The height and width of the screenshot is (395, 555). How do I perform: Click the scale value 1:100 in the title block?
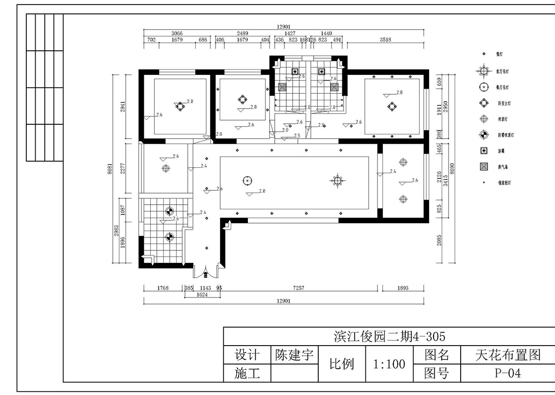click(389, 364)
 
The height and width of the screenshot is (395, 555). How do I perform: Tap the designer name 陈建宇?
click(294, 355)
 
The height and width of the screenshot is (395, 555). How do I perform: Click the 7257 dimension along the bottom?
click(298, 288)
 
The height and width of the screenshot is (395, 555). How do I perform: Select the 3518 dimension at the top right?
click(385, 40)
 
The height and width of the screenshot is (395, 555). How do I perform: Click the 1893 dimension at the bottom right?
click(403, 288)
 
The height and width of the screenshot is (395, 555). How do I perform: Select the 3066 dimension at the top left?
click(177, 33)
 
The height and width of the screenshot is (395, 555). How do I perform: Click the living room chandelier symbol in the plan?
click(338, 180)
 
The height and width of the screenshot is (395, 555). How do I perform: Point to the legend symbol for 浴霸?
click(484, 151)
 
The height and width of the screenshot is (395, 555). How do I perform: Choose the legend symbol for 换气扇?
click(484, 166)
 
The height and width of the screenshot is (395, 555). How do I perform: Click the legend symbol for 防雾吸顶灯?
click(484, 135)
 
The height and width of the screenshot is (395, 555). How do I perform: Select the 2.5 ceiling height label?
click(297, 135)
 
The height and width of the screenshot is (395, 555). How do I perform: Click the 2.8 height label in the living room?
click(262, 190)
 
